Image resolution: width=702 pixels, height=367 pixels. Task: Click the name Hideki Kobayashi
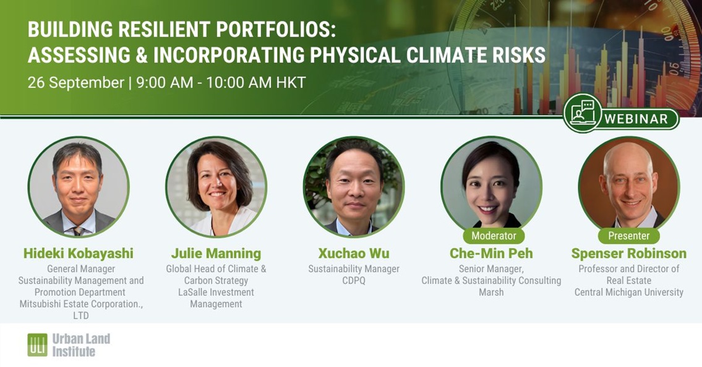tap(79, 254)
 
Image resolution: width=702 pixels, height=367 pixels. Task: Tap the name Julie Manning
tap(216, 254)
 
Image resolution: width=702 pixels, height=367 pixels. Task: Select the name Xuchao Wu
tap(354, 254)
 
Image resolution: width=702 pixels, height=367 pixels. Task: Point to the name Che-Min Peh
tap(491, 254)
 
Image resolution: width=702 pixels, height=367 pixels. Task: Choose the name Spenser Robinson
tap(628, 254)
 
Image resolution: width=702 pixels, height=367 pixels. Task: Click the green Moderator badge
tap(494, 236)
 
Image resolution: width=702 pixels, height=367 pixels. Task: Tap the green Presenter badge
tap(628, 236)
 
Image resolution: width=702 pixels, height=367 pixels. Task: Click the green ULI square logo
tap(37, 345)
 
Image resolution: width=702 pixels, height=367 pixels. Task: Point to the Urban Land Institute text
tap(81, 345)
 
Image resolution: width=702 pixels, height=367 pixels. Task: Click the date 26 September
tap(75, 83)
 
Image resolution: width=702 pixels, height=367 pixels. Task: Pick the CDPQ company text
tap(354, 281)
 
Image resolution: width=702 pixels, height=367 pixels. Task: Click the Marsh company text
tap(491, 292)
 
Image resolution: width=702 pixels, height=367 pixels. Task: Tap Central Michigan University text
tap(628, 292)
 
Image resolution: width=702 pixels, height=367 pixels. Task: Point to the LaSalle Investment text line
tap(216, 292)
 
